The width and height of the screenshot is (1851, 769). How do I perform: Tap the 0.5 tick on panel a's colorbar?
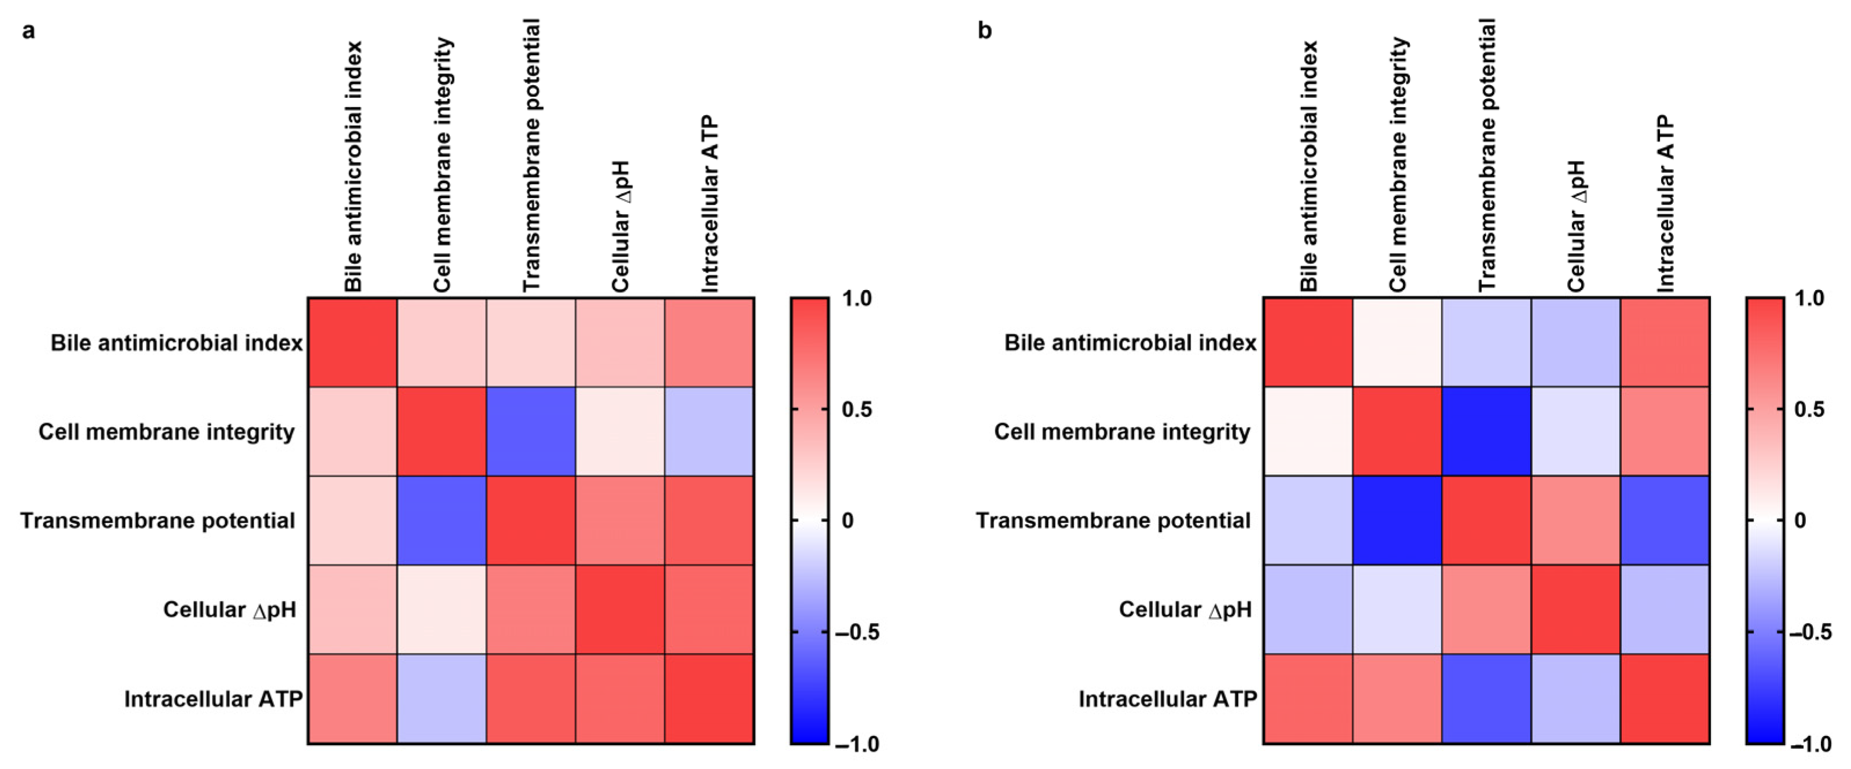(x=856, y=409)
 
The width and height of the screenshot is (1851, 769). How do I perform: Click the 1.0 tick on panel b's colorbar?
(x=1809, y=298)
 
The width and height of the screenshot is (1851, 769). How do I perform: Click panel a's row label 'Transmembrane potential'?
(x=157, y=521)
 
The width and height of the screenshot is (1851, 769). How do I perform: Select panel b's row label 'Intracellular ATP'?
(x=1167, y=698)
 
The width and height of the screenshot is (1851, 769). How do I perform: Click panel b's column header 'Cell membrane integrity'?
(x=1397, y=165)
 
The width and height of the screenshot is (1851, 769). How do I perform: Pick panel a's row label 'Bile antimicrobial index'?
(x=176, y=343)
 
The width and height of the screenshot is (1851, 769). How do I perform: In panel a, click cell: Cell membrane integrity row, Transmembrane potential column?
(x=531, y=431)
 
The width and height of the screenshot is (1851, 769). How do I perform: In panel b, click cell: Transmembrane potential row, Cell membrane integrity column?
(x=1397, y=521)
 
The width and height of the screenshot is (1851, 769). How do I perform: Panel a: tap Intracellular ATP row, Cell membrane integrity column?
(x=442, y=698)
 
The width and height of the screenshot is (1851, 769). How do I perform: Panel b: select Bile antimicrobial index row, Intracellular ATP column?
(x=1664, y=343)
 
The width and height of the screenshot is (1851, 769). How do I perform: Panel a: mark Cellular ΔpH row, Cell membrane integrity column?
(x=442, y=609)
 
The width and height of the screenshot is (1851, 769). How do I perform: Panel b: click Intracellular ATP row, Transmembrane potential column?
(x=1486, y=698)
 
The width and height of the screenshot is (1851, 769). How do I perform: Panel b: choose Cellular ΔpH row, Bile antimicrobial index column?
(x=1308, y=609)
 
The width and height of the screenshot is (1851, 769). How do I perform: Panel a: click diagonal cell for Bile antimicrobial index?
(x=353, y=343)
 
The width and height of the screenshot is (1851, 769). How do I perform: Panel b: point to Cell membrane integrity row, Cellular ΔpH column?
(x=1575, y=431)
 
